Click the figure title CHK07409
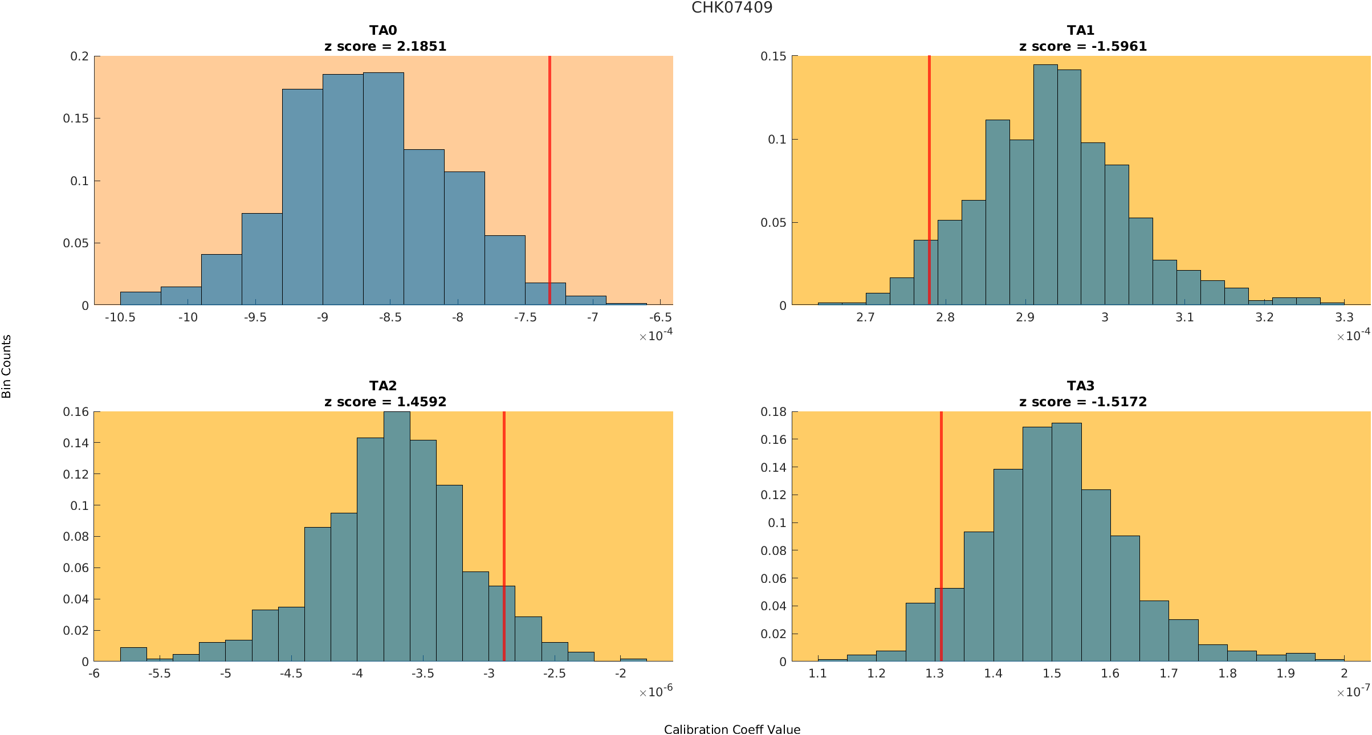(x=732, y=7)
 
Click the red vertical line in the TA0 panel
(x=549, y=171)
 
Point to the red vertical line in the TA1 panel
(x=929, y=171)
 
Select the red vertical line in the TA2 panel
(x=504, y=513)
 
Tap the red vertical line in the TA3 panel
(x=941, y=513)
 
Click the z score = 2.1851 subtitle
(x=385, y=46)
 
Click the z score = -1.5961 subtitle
(x=1083, y=46)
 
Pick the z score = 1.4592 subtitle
(x=385, y=402)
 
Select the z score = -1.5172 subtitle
(x=1083, y=402)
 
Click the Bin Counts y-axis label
(x=6, y=366)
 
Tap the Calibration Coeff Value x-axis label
(x=732, y=730)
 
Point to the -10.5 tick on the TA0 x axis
(x=120, y=317)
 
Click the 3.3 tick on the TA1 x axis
(x=1344, y=317)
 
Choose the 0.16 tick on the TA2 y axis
(x=76, y=412)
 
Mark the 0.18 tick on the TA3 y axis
(x=773, y=412)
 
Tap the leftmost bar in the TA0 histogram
(x=140, y=299)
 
